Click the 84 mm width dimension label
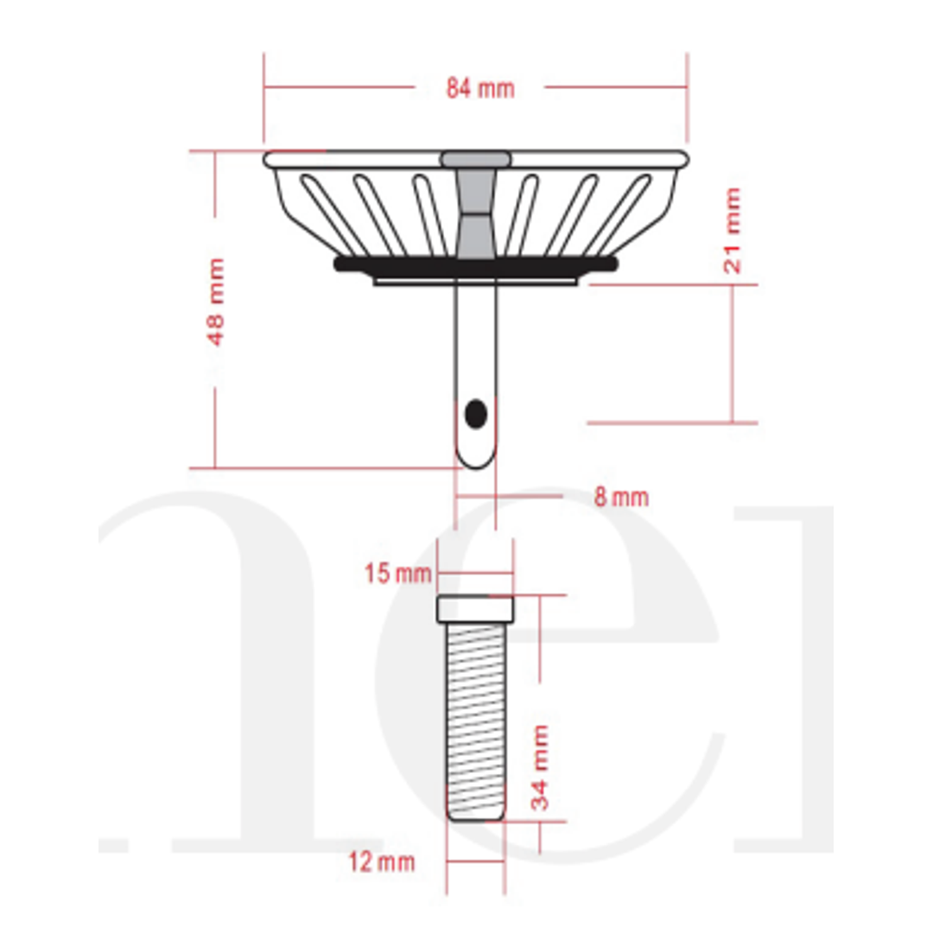tap(479, 88)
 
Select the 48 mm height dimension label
tap(216, 301)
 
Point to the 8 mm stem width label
tap(620, 498)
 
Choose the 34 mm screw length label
tap(540, 767)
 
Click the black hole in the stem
tap(475, 415)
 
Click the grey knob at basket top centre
tap(475, 159)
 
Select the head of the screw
tap(475, 609)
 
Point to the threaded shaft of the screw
tap(475, 717)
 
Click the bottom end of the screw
tap(475, 816)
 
